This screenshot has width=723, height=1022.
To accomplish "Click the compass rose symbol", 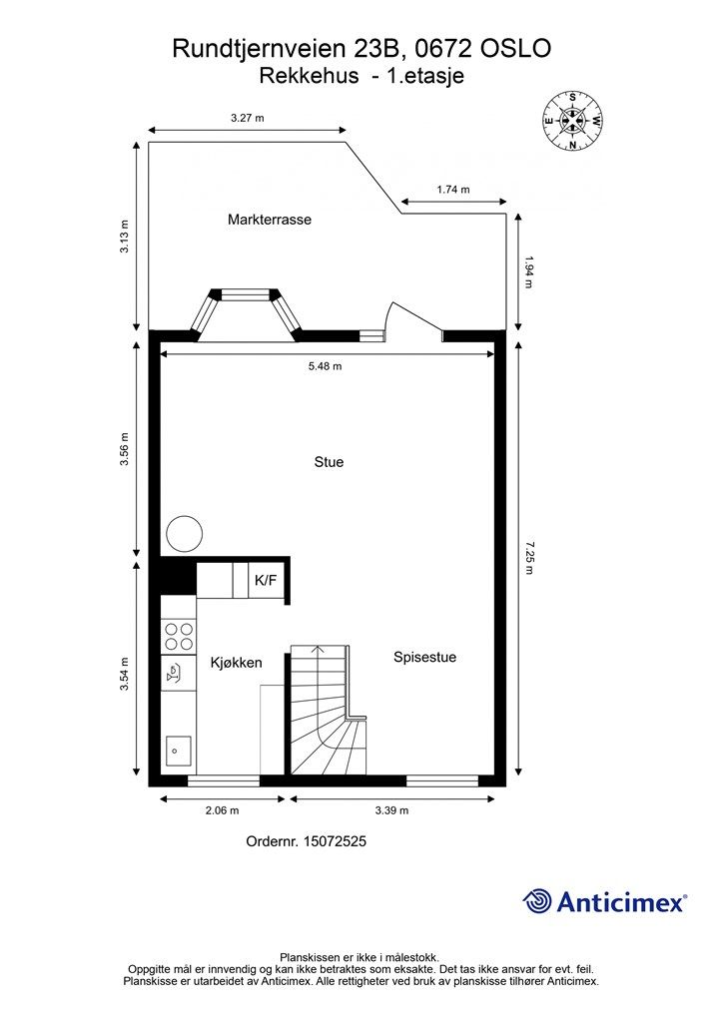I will pyautogui.click(x=572, y=121).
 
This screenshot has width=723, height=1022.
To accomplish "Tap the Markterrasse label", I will pyautogui.click(x=269, y=220).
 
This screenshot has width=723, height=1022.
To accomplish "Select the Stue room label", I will pyautogui.click(x=329, y=462).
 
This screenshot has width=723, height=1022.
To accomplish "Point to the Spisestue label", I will pyautogui.click(x=424, y=657).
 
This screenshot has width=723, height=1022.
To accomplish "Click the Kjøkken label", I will pyautogui.click(x=236, y=662).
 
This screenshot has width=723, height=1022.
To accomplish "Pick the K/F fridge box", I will pyautogui.click(x=267, y=580).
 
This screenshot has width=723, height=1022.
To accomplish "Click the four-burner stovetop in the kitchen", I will pyautogui.click(x=179, y=637).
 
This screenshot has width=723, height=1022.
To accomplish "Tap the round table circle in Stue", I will pyautogui.click(x=185, y=534).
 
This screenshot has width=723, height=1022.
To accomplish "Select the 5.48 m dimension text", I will pyautogui.click(x=326, y=366).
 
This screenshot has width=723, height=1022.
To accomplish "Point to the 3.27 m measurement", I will pyautogui.click(x=247, y=118).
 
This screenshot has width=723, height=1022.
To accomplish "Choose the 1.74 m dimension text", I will pyautogui.click(x=452, y=189).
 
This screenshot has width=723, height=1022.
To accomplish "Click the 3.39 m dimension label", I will pyautogui.click(x=391, y=810).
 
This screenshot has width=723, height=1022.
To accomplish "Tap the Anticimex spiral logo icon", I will pyautogui.click(x=537, y=901).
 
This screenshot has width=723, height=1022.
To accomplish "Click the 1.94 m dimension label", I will pyautogui.click(x=529, y=271).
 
